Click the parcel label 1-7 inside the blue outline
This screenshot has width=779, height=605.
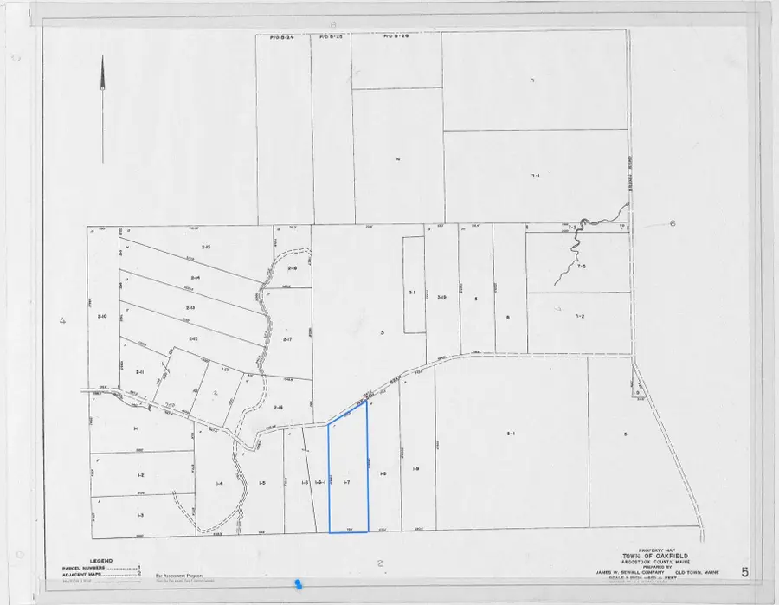point(347,481)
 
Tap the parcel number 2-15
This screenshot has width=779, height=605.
point(206,248)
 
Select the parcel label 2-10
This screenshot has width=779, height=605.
point(102,316)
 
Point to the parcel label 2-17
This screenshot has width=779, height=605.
point(288,339)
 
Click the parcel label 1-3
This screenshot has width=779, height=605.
point(140,514)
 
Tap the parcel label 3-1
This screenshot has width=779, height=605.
point(413,293)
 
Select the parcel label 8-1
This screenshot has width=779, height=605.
point(511,433)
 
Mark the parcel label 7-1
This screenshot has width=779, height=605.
point(535,176)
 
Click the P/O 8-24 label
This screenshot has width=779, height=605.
point(272,37)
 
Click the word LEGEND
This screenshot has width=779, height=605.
point(101,561)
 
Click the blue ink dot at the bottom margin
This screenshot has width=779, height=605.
point(299,586)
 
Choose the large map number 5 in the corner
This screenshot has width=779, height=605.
point(744,571)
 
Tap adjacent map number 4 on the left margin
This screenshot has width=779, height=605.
point(62,322)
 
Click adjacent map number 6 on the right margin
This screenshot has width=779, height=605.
point(672,223)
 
